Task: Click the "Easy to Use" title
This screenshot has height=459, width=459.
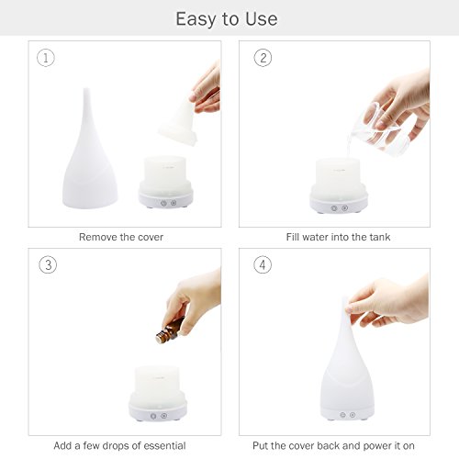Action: coord(227,19)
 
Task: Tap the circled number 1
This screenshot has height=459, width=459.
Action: coord(46,58)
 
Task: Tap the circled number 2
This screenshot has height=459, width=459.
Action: coord(263,58)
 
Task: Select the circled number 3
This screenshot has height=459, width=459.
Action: coord(48,265)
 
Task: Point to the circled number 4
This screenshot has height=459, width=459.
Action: coord(263,265)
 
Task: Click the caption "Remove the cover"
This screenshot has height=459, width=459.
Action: coord(121,237)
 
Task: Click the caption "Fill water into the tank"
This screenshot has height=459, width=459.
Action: coord(338,237)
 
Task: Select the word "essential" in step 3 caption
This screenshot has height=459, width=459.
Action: coord(164,445)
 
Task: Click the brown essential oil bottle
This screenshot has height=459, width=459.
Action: coord(169,330)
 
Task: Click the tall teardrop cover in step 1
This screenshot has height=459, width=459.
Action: coord(89,150)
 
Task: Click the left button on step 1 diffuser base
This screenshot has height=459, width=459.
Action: coord(163,203)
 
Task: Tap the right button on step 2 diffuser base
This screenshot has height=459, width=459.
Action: coord(345,208)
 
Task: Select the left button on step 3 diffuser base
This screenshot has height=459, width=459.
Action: coord(153,416)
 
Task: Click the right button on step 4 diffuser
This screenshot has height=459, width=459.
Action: coord(353,415)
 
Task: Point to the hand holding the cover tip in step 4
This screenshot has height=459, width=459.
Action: coord(388,301)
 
